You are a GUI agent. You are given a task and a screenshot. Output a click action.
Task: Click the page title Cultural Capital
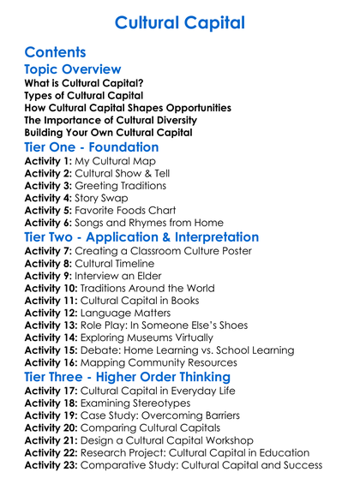click(x=179, y=21)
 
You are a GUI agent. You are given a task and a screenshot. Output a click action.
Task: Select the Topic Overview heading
click(x=73, y=70)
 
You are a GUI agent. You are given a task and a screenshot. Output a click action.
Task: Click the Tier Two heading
click(x=141, y=236)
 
